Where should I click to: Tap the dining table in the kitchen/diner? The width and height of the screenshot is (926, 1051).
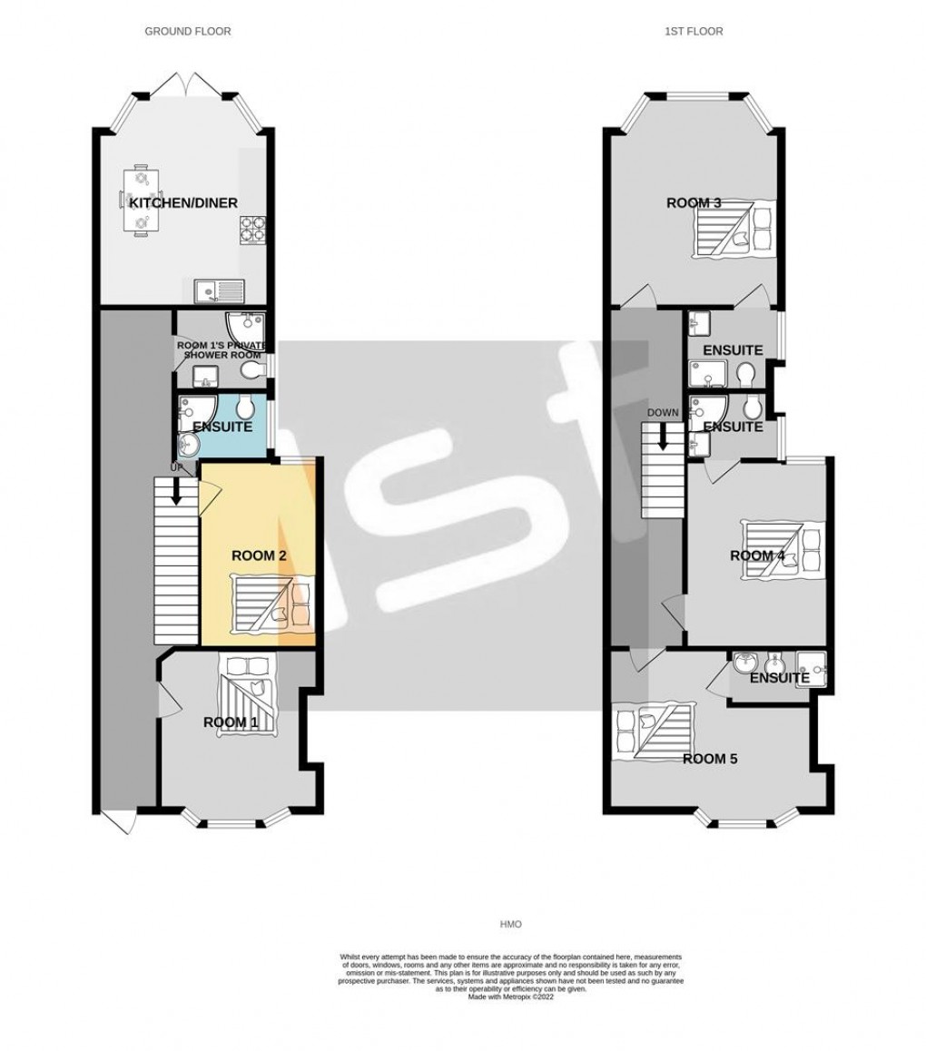point(141,200)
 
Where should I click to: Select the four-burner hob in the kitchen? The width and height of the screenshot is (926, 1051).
point(252,231)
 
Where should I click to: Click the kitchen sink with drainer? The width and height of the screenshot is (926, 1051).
point(218,290)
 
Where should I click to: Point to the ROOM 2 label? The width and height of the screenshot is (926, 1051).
point(259,555)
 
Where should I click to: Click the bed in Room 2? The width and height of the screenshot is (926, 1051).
point(272,604)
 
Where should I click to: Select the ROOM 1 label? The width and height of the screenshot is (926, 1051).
point(230,722)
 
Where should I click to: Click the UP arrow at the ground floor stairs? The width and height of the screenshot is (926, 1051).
point(175,490)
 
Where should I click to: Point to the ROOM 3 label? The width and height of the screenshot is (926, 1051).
point(694,202)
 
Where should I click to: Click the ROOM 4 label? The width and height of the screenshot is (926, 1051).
point(757,555)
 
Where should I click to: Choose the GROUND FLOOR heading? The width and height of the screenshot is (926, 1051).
point(188,31)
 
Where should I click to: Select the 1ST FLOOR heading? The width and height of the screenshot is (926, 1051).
point(693,31)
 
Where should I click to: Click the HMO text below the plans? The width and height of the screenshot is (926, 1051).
point(511,924)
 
